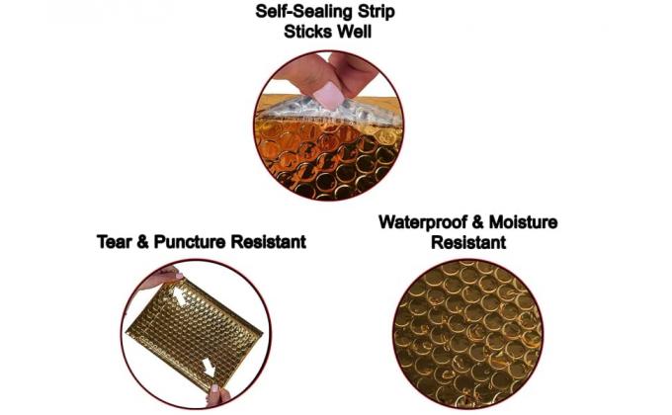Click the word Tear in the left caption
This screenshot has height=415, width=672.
click(x=116, y=241)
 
